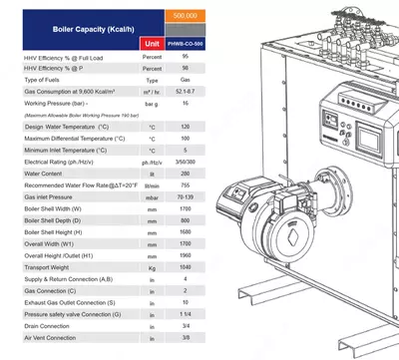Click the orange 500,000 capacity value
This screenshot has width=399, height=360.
(185, 17)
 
